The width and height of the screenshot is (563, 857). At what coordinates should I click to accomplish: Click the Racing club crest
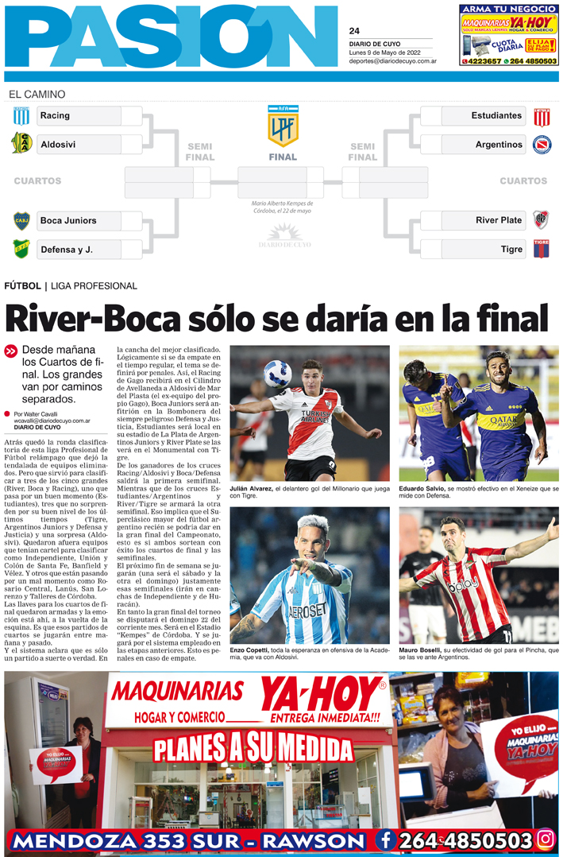[x=21, y=116]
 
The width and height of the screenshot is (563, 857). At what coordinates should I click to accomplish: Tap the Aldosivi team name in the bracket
[x=58, y=145]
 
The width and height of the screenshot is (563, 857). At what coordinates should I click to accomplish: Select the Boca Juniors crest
[x=21, y=220]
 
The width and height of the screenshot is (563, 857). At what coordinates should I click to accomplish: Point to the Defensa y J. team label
[x=67, y=250]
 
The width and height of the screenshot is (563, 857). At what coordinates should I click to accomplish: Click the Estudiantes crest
[x=542, y=116]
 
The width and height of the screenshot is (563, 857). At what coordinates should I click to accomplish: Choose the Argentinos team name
[x=499, y=145]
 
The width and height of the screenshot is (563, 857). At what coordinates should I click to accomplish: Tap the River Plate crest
[x=542, y=220]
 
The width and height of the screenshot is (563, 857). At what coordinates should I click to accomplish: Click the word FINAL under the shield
[x=283, y=157]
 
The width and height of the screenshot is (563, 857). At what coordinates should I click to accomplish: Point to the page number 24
[x=354, y=31]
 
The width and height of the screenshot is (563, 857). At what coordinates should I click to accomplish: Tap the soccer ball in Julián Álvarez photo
[x=279, y=373]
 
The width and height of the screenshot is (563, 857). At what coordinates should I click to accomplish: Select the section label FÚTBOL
[x=22, y=286]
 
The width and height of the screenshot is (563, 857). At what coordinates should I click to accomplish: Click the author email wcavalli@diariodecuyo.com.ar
[x=52, y=421]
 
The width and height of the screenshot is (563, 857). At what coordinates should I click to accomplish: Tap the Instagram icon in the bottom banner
[x=546, y=840]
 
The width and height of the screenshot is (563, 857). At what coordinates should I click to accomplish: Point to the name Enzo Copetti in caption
[x=249, y=650]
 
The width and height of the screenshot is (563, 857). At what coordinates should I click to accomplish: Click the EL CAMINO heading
[x=37, y=95]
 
